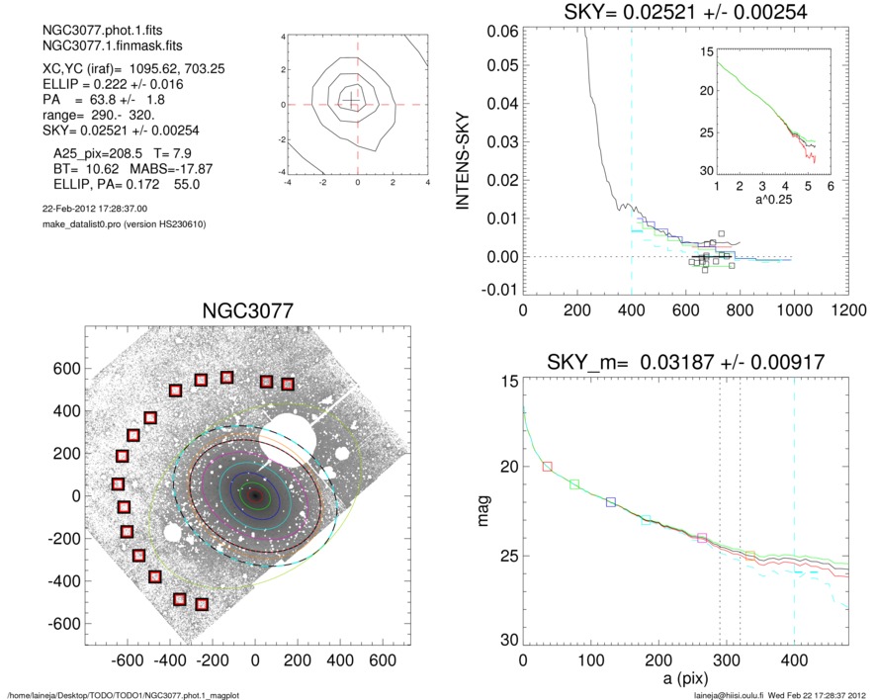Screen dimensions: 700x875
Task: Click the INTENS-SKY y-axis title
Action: (x=461, y=158)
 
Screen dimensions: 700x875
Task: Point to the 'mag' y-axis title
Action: (x=484, y=511)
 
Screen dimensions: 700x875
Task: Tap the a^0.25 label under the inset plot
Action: (x=763, y=202)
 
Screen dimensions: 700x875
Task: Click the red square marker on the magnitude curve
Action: (x=548, y=466)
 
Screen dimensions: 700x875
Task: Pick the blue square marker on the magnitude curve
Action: (x=611, y=502)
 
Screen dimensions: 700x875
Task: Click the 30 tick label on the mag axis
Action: (x=507, y=642)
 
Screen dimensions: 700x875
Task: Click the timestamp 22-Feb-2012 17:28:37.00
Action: (x=89, y=209)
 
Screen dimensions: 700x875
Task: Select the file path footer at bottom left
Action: (x=123, y=695)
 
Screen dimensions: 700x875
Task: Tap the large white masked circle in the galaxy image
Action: (x=294, y=434)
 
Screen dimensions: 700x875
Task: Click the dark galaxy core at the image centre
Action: (x=255, y=494)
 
